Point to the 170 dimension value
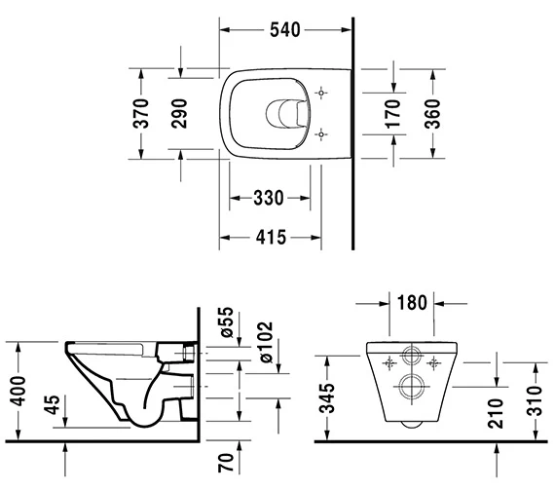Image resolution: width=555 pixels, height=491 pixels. click(394, 113)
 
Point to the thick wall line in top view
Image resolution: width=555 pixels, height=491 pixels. click(351, 127)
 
